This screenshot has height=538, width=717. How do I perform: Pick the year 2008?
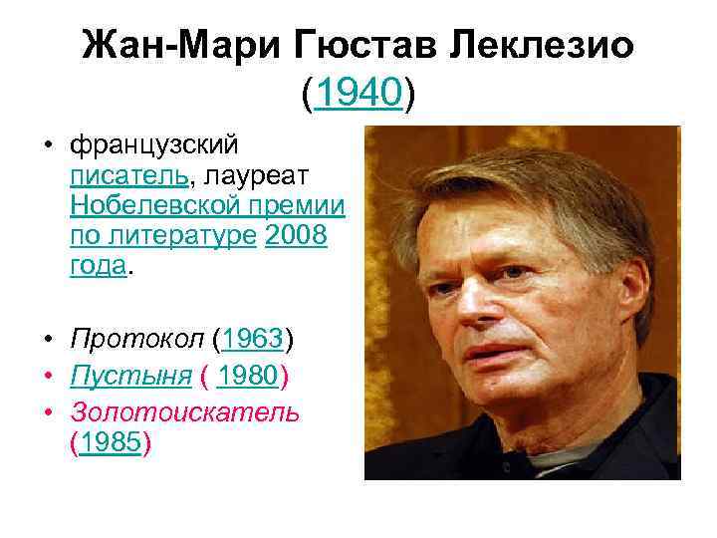(x=297, y=237)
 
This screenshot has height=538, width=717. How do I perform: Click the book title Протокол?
(x=136, y=339)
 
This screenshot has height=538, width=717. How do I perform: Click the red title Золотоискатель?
(x=184, y=411)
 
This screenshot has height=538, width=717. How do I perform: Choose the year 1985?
(x=112, y=442)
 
